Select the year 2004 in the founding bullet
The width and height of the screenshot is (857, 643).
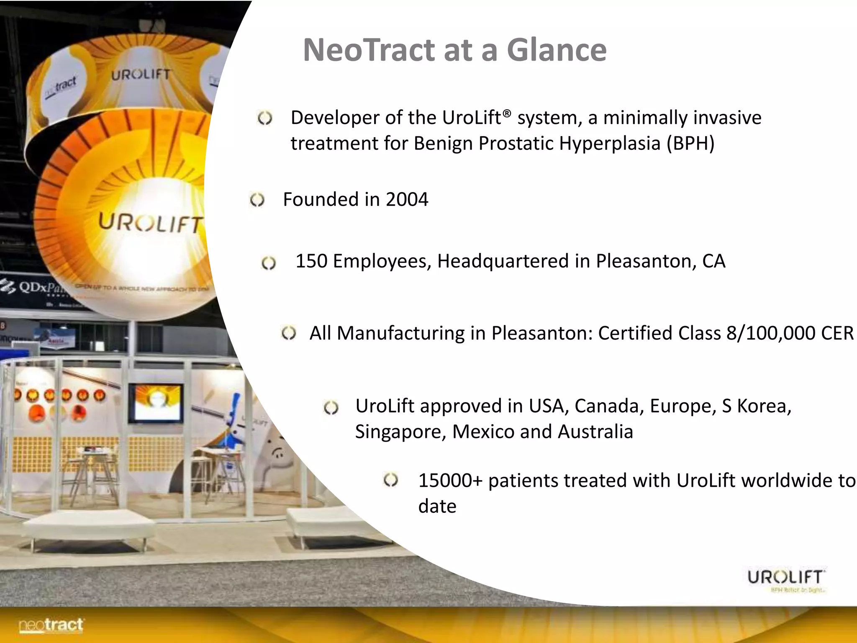point(407,199)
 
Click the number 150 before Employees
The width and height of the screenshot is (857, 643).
point(311,261)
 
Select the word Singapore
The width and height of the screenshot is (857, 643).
point(400,432)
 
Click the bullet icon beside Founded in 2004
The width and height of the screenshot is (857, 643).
point(257,200)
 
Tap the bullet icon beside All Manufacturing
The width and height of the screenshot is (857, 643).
point(289,334)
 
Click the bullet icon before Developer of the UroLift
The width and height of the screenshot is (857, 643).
point(265,118)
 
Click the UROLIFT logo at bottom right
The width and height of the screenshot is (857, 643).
point(786,579)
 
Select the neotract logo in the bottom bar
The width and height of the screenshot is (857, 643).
point(51,625)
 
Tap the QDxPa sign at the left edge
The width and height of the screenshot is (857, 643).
point(36,287)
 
